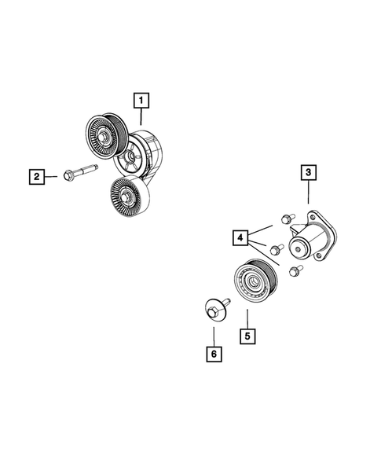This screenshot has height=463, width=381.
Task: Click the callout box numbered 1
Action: (141, 100)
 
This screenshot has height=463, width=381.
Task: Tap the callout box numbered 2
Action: (35, 176)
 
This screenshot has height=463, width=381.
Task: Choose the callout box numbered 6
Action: (212, 355)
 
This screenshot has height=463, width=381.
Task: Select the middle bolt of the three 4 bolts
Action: (277, 250)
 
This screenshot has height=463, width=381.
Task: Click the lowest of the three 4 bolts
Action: (295, 272)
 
